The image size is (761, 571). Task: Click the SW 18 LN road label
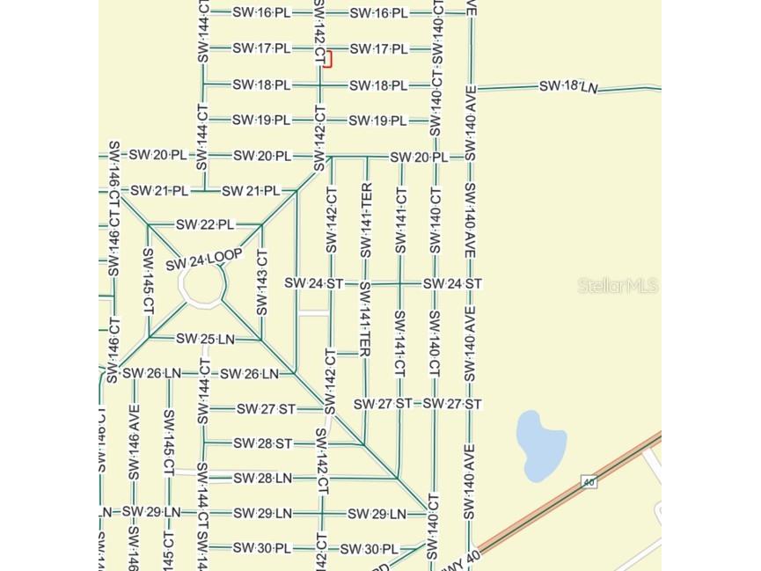(568, 86)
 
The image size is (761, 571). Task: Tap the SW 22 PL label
(205, 224)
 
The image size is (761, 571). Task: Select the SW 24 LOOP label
(203, 260)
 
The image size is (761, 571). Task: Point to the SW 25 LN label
(205, 339)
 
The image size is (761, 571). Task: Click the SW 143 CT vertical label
(261, 282)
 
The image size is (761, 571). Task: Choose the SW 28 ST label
(261, 443)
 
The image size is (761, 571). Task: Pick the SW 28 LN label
(262, 478)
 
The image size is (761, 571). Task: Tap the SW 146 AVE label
(134, 449)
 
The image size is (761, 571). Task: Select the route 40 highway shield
(589, 481)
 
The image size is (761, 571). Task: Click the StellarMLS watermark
(618, 285)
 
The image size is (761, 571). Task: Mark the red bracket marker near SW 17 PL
(329, 59)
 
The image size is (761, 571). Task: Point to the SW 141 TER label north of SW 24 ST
(366, 220)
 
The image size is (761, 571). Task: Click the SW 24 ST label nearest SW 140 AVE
(452, 283)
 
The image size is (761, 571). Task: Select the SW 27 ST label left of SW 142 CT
(266, 409)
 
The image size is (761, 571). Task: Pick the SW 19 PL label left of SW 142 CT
(261, 120)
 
